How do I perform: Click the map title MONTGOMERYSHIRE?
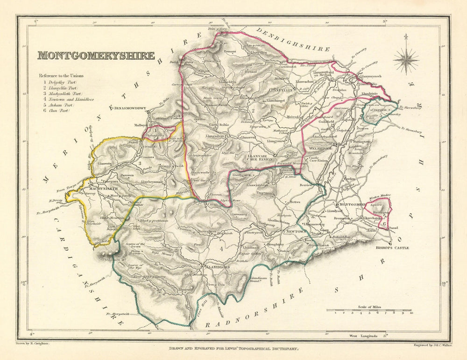96,56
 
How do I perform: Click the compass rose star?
406,59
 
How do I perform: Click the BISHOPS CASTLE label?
379,248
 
